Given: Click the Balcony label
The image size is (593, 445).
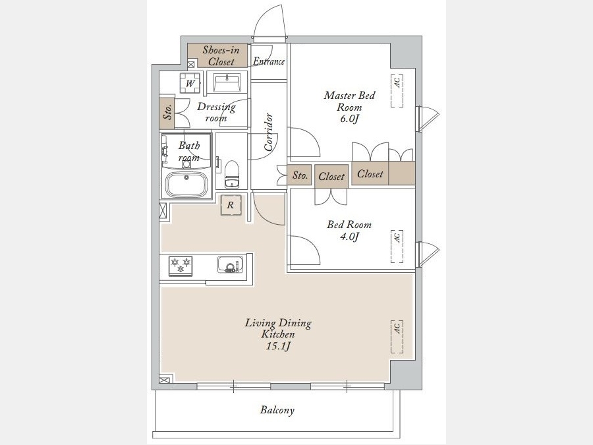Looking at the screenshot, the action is (277, 410).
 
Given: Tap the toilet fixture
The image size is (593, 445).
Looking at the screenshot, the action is (231, 174).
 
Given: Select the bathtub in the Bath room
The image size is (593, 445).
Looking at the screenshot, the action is (186, 185).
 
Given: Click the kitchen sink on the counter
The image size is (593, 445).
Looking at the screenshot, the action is (231, 264).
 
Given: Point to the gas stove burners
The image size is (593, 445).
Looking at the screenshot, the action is (181, 266).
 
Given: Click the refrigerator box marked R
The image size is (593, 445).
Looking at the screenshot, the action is (231, 205).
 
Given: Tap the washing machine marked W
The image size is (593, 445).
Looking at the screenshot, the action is (190, 83).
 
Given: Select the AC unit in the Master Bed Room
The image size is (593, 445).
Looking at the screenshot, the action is (397, 91).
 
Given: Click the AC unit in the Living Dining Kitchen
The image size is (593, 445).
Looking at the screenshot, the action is (397, 337).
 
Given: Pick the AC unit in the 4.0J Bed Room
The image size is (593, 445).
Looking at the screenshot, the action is (397, 246).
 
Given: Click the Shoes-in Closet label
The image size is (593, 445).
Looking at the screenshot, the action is (221, 55).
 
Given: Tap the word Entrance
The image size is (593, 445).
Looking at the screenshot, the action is (269, 61).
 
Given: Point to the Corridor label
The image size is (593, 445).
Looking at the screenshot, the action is (269, 132).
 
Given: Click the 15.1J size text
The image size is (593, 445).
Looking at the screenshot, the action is (278, 346).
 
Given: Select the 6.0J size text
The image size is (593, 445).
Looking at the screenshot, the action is (349, 119).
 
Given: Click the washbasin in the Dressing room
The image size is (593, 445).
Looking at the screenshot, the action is (227, 83).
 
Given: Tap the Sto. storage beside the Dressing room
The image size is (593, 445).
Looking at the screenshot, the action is (167, 113).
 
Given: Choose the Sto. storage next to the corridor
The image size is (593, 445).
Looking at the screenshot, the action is (300, 175).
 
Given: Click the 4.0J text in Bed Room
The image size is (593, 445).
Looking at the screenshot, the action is (349, 237).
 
